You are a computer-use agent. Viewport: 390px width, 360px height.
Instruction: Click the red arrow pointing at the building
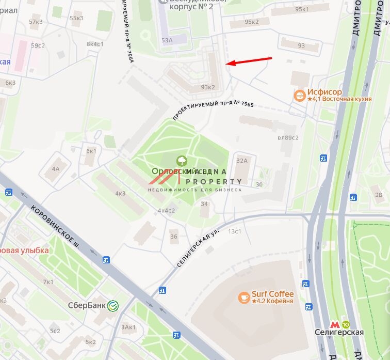coord(250,61)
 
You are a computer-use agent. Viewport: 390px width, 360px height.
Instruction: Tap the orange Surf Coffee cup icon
coord(244,298)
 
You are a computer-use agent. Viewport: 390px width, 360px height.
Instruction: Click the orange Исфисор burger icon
coord(299,96)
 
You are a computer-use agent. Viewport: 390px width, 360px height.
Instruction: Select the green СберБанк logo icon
coord(113,305)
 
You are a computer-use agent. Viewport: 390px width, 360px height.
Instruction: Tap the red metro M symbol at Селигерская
coord(335,324)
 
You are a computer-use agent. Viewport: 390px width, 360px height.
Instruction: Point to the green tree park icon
coord(182,161)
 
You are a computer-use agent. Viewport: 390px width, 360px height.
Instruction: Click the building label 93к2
coord(207,87)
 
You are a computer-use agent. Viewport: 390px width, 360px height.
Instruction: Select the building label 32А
coord(242,161)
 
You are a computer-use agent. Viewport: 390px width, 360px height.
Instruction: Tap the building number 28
coord(379,194)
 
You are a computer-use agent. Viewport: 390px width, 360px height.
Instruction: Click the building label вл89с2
coord(288,137)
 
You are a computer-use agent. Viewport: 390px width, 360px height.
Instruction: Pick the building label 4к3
coord(120,194)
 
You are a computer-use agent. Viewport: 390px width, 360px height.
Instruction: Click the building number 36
coord(174,237)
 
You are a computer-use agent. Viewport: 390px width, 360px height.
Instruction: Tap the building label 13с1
coord(235,231)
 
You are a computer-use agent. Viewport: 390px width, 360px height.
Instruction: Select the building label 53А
coord(167,40)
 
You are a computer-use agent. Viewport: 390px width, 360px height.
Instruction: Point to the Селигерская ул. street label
coord(198,248)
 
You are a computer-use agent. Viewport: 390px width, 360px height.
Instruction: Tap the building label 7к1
coord(48,281)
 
